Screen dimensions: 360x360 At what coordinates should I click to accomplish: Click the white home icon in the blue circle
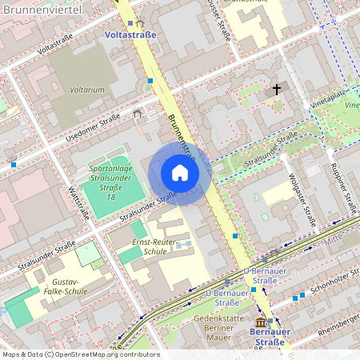coord(180,173)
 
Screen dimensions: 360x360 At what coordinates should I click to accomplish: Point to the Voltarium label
coord(87,90)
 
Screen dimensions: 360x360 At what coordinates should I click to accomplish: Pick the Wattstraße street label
coord(78,203)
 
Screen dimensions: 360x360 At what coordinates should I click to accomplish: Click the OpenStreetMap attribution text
coord(80,354)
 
